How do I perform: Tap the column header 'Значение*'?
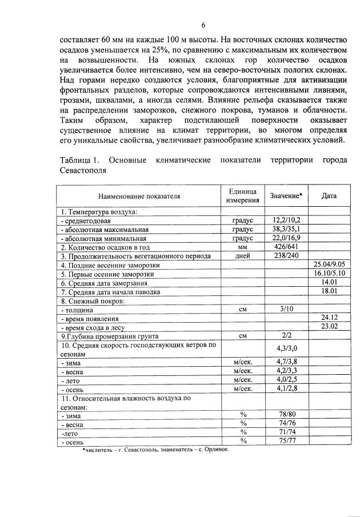click(286, 196)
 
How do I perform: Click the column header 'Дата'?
click(329, 196)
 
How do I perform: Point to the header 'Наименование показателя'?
click(139, 196)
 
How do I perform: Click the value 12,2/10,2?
click(286, 220)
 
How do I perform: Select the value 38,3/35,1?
click(286, 229)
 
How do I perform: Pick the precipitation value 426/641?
click(286, 247)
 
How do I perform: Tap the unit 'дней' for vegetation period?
click(242, 256)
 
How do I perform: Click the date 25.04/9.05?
click(329, 265)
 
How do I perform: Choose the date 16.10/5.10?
click(329, 274)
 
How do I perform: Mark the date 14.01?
click(329, 282)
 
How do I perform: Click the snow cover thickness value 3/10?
click(286, 309)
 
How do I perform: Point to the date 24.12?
click(329, 318)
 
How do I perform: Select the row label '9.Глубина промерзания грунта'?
click(110, 336)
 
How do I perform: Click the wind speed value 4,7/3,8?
click(286, 361)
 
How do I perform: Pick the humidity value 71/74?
click(286, 432)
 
